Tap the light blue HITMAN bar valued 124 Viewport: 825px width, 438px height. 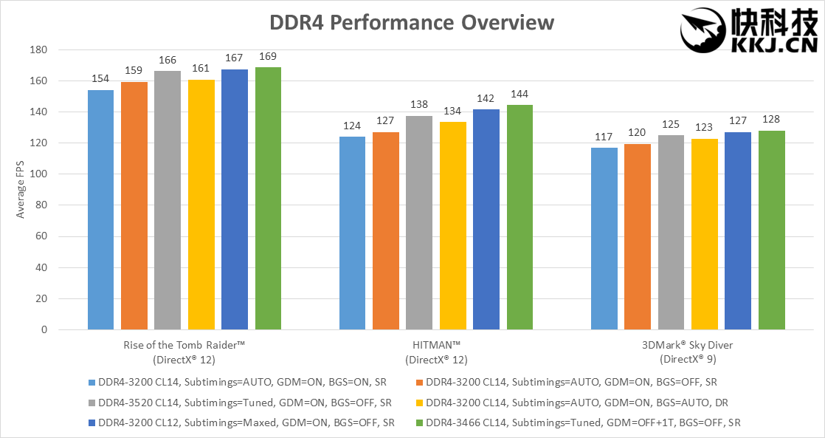pos(352,233)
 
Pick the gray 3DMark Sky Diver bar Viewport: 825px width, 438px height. pos(671,232)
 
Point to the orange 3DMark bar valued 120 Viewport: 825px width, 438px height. pos(638,236)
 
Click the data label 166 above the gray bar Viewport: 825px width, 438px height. pos(168,61)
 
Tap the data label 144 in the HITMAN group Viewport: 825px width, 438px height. pos(519,95)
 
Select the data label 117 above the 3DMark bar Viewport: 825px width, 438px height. pos(604,137)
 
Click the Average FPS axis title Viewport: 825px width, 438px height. pos(21,190)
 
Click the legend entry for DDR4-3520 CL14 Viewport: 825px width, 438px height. pos(244,403)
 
